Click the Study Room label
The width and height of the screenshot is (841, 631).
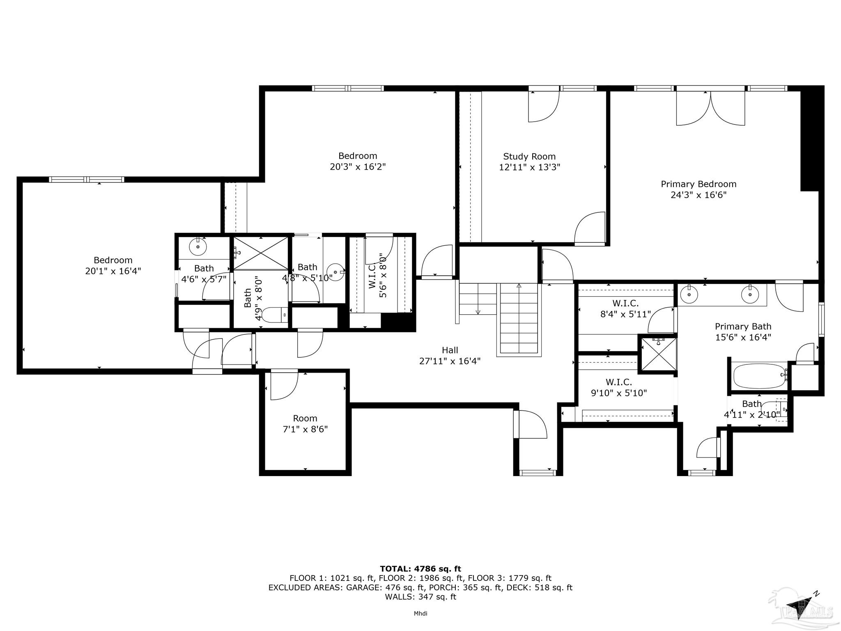tap(529, 157)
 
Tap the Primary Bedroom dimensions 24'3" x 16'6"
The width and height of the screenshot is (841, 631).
tap(699, 195)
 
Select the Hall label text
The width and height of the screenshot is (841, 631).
tap(450, 350)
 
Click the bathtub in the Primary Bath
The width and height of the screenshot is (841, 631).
tap(759, 376)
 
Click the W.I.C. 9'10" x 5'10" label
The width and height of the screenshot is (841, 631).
tap(619, 388)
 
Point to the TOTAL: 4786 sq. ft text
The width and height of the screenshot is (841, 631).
tap(420, 569)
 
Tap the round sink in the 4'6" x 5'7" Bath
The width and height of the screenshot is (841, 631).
tap(198, 247)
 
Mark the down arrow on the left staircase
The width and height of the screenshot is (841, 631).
tap(478, 312)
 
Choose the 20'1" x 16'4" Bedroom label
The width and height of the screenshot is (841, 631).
tap(113, 266)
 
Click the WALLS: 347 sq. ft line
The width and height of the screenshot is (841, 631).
tap(420, 597)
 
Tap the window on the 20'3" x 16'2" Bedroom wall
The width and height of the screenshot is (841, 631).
tap(348, 88)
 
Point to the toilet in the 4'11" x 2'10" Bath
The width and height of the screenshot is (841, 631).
tap(780, 409)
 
